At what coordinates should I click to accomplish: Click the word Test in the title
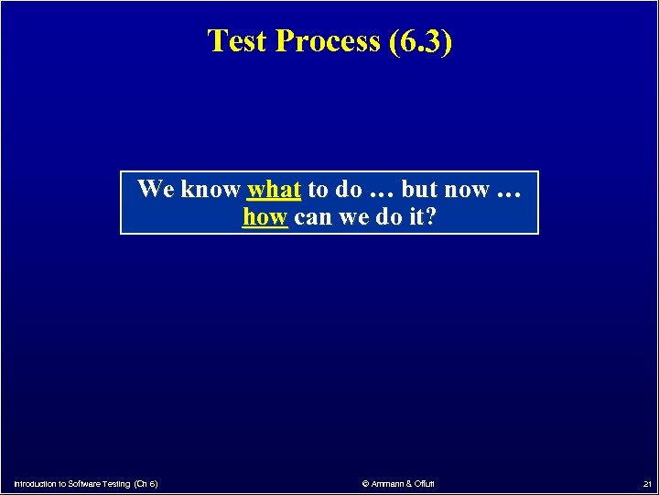point(240,41)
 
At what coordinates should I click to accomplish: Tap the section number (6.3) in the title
point(419,41)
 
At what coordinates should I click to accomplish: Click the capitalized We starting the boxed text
point(156,190)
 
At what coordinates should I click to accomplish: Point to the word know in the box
point(210,190)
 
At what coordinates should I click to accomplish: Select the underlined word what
point(274,190)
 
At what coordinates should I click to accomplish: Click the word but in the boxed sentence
point(420,190)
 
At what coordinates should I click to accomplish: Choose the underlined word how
point(265,217)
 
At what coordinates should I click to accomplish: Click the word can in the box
point(313,217)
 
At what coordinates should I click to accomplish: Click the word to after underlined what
point(318,190)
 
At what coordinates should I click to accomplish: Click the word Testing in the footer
point(116,483)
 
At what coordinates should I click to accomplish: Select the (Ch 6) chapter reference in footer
point(146,483)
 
